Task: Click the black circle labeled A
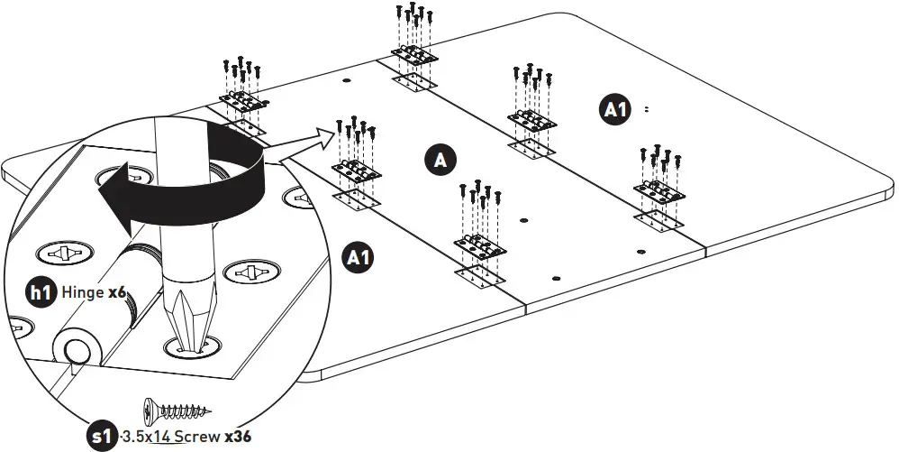click(440, 160)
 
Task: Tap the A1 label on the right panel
click(615, 109)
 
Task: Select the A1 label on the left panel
click(359, 257)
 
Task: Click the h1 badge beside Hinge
click(41, 292)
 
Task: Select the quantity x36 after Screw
click(238, 437)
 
